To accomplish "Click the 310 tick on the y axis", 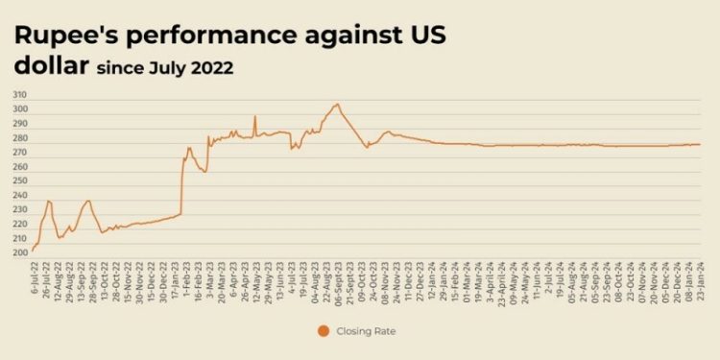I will pyautogui.click(x=19, y=95).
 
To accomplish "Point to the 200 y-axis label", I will pyautogui.click(x=19, y=253).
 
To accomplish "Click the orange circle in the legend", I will pyautogui.click(x=323, y=332).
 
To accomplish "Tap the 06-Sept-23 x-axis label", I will pyautogui.click(x=336, y=278).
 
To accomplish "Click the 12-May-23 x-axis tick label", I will pyautogui.click(x=254, y=277).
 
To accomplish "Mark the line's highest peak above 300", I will pyautogui.click(x=337, y=104).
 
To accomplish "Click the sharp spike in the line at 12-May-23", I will pyautogui.click(x=254, y=117).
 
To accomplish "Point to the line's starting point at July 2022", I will pyautogui.click(x=33, y=252).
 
